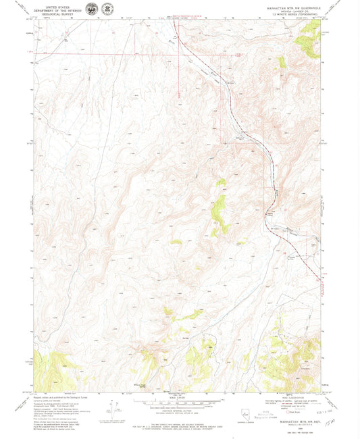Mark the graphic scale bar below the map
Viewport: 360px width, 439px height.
coord(179,403)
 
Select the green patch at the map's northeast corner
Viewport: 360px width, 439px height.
coord(309,45)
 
